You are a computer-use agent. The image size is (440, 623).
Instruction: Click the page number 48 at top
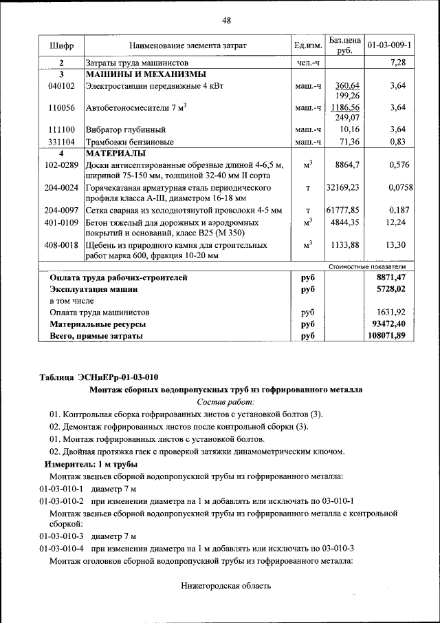pyautogui.click(x=225, y=20)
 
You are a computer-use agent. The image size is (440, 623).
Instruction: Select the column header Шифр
pyautogui.click(x=61, y=46)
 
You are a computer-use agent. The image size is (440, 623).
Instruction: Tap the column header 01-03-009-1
pyautogui.click(x=389, y=46)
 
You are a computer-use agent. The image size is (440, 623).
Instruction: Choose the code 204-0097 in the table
pyautogui.click(x=61, y=210)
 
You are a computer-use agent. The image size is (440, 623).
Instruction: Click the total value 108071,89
pyautogui.click(x=386, y=336)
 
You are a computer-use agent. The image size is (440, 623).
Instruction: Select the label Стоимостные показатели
pyautogui.click(x=366, y=266)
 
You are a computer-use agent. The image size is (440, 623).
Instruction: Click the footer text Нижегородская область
pyautogui.click(x=225, y=586)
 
